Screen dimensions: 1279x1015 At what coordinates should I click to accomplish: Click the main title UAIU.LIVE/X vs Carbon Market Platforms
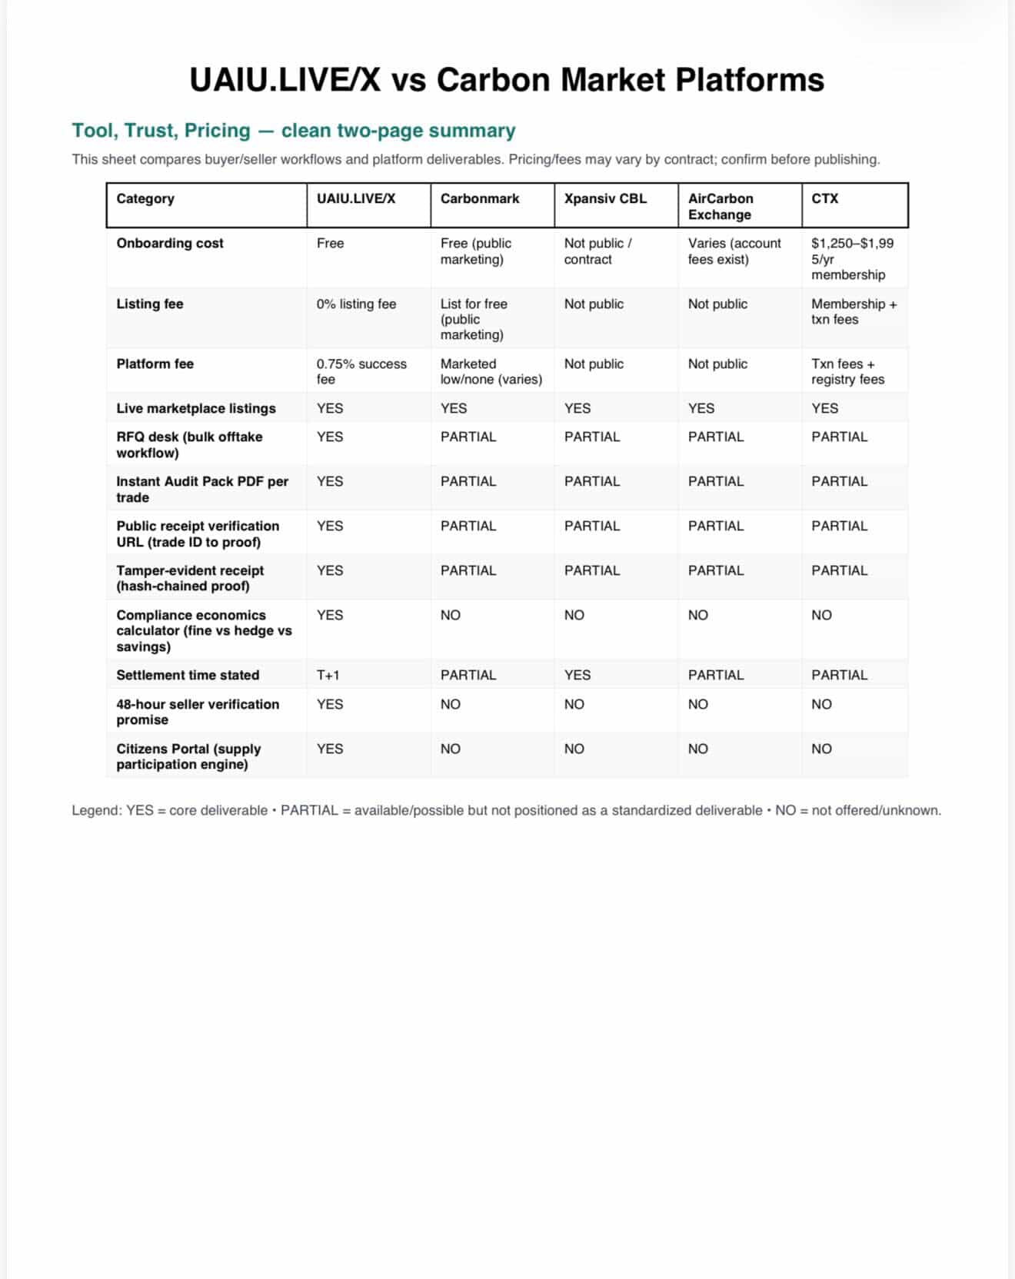[507, 80]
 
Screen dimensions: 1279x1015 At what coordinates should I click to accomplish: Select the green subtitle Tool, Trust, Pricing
[293, 131]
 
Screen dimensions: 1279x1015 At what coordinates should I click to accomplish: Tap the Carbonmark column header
[480, 198]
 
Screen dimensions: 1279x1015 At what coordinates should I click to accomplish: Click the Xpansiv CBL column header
[605, 198]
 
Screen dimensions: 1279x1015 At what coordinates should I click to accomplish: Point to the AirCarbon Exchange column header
[720, 206]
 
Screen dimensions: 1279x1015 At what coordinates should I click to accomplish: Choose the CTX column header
[824, 198]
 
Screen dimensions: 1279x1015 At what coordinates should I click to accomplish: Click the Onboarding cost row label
[170, 243]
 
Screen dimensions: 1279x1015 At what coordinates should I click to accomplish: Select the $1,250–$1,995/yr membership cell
[851, 259]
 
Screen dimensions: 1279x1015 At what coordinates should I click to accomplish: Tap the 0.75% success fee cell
[361, 371]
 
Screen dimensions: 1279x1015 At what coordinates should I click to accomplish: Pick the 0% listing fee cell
[356, 304]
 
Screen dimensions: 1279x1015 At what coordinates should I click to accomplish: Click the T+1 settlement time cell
[328, 675]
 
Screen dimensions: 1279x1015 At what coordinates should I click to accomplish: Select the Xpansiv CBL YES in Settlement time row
[577, 675]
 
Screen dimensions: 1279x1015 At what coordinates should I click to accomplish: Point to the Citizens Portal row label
[188, 756]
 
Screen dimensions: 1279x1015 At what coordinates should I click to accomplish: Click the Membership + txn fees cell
[854, 311]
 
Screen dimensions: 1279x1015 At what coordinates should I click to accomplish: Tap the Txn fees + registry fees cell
[847, 371]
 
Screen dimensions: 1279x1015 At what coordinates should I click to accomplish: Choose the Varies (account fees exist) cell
[734, 251]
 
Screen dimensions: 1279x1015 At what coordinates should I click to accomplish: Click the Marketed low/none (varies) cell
[491, 371]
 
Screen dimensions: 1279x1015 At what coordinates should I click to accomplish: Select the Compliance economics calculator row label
[204, 630]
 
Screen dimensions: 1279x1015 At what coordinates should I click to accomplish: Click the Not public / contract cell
[597, 251]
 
